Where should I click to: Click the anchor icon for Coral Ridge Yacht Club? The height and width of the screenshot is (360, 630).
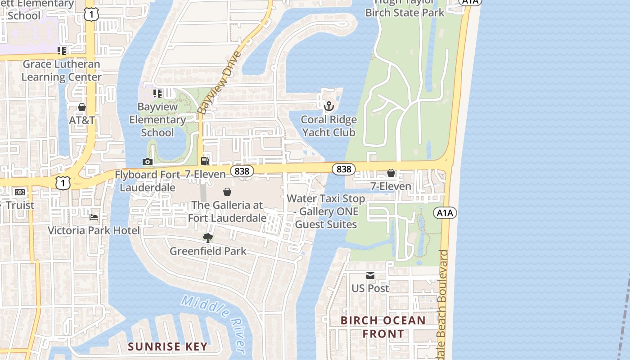[329, 107]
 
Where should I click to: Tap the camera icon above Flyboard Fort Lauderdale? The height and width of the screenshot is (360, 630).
[147, 162]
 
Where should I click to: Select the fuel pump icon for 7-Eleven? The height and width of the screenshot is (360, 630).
[205, 161]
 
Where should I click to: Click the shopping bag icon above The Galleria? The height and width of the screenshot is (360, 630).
[227, 192]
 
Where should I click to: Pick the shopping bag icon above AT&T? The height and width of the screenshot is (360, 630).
[82, 107]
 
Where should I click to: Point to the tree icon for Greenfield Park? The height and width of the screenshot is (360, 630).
[207, 238]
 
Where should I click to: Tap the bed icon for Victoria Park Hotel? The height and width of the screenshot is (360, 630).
[94, 217]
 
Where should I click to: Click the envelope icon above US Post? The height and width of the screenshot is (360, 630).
[370, 275]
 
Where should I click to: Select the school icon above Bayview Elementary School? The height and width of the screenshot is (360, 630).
[157, 94]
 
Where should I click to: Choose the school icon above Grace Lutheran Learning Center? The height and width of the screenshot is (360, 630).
[62, 51]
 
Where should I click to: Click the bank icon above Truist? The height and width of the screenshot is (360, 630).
[19, 192]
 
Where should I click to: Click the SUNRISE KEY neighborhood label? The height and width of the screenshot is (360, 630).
[167, 347]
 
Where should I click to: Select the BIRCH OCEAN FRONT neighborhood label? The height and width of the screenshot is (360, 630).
[382, 327]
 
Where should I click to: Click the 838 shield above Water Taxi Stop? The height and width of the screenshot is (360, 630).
[344, 169]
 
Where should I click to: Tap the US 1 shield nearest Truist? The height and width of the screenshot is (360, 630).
[63, 182]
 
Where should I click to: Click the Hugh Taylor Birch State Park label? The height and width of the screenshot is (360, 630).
[404, 8]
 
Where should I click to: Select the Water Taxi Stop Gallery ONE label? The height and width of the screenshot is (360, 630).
[326, 211]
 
